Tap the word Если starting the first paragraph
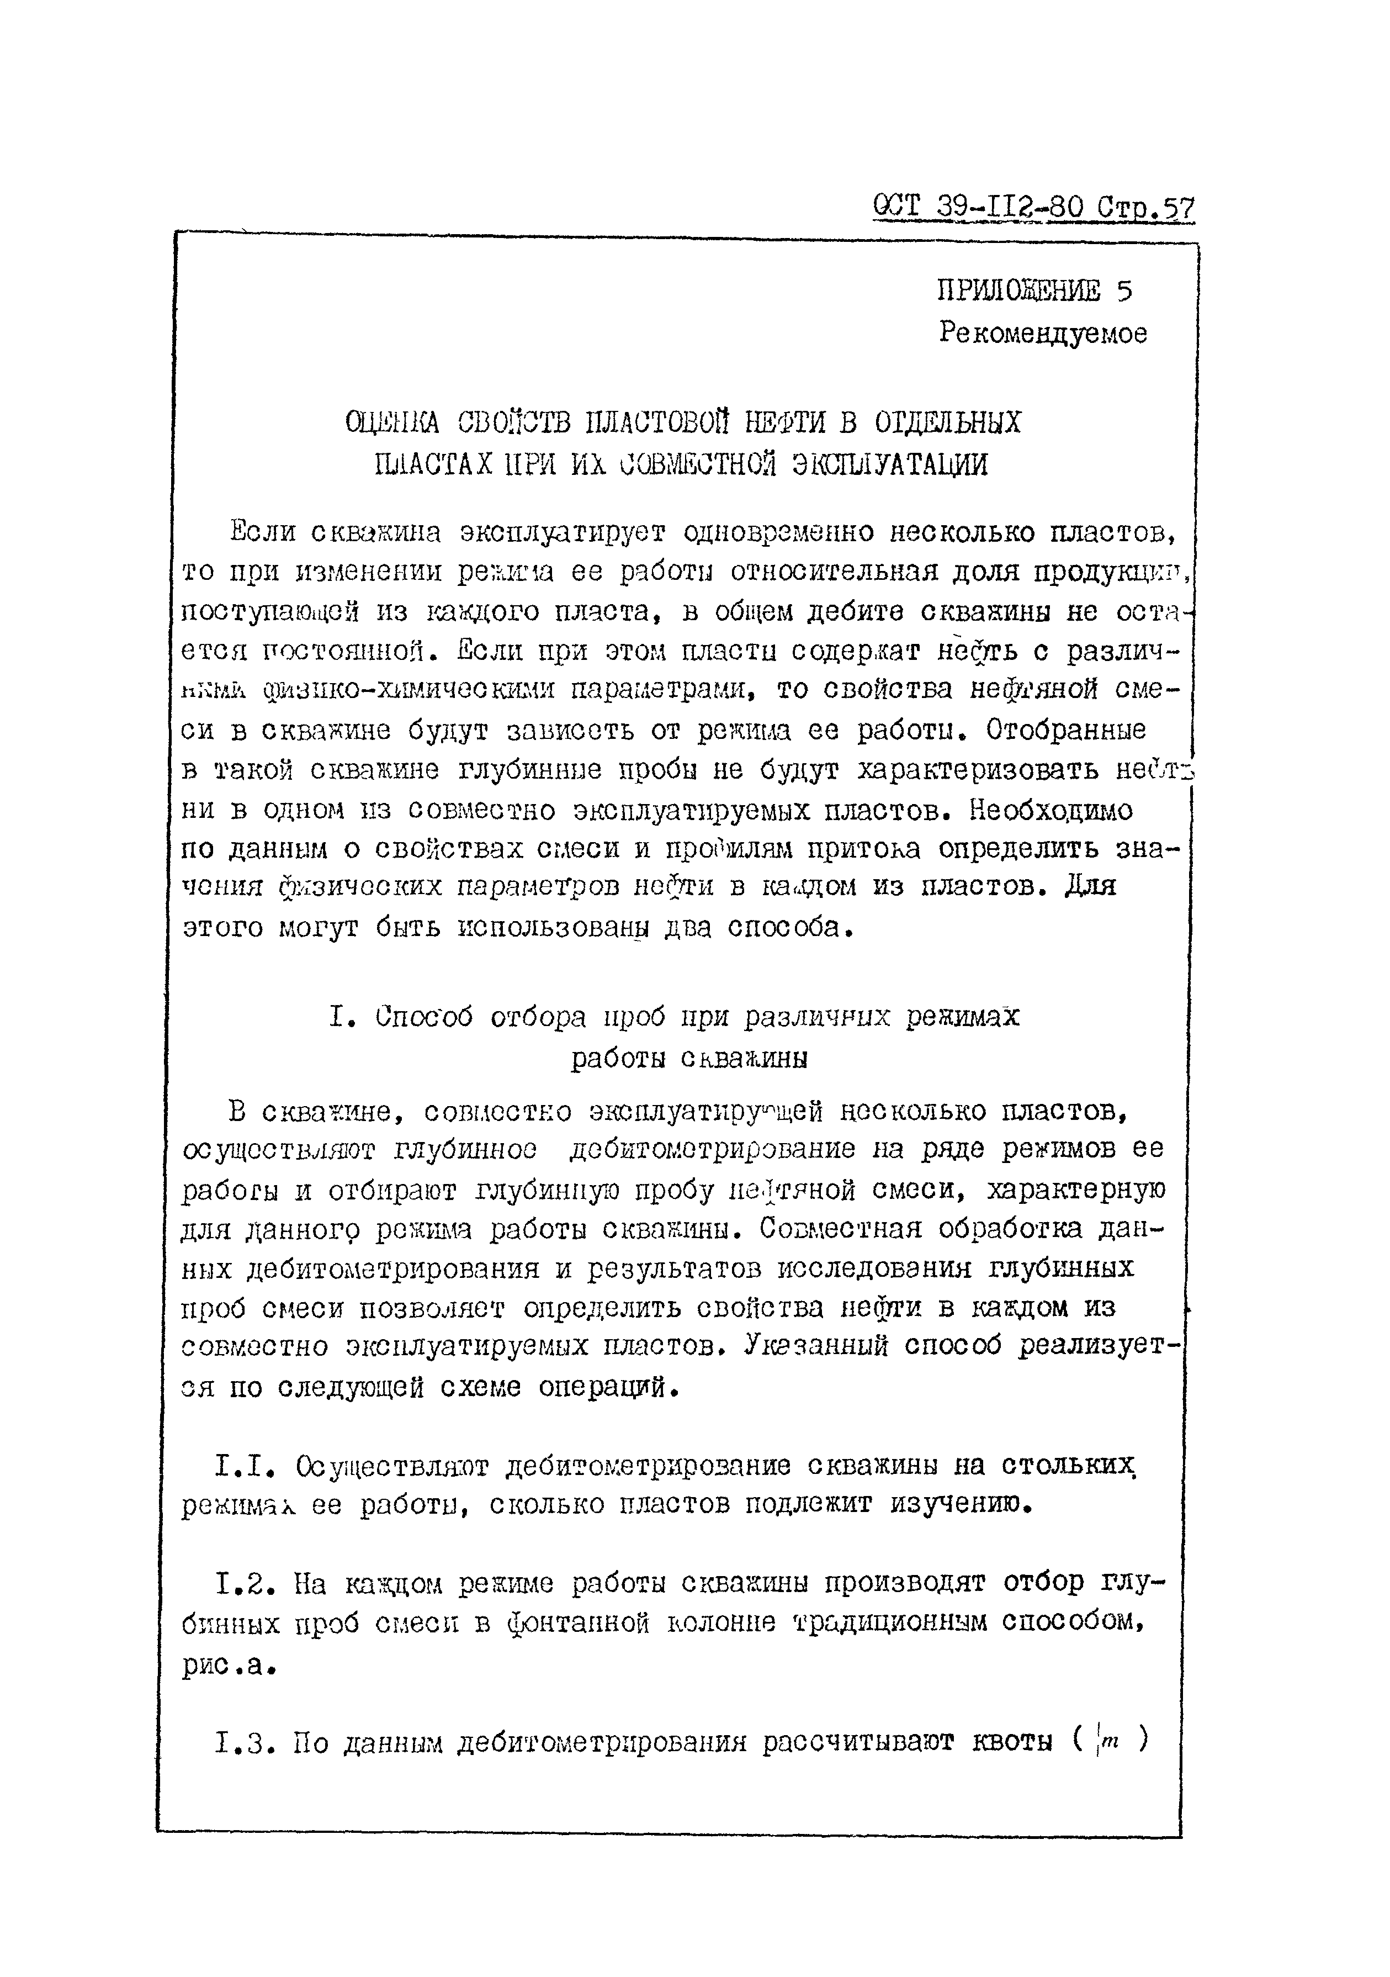pos(263,533)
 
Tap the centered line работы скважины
pos(689,1059)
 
